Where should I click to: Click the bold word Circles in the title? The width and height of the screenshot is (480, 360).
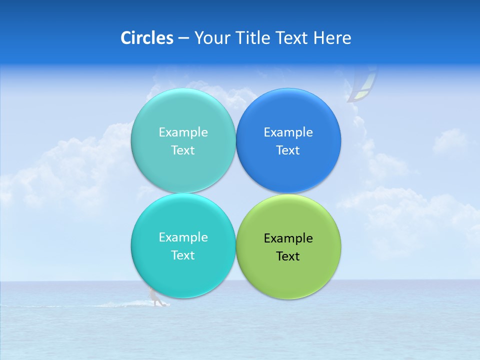[x=147, y=38]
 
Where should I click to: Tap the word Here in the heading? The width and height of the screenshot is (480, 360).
[x=332, y=38]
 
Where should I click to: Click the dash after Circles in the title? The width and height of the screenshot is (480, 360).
[x=183, y=38]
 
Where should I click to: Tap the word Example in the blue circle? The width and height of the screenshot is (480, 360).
[x=288, y=132]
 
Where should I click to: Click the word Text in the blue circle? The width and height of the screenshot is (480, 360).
[x=288, y=150]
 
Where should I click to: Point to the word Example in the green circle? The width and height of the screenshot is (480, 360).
[x=288, y=238]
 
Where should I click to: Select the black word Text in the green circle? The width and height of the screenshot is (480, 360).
[x=288, y=256]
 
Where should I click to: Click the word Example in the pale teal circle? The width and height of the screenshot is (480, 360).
[x=183, y=132]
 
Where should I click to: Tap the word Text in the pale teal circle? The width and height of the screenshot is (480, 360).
[x=183, y=150]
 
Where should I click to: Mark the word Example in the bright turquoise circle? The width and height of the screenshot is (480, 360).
[x=183, y=237]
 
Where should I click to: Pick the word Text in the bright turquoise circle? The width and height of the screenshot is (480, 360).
[x=183, y=255]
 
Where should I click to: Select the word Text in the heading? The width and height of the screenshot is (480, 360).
[x=291, y=38]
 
